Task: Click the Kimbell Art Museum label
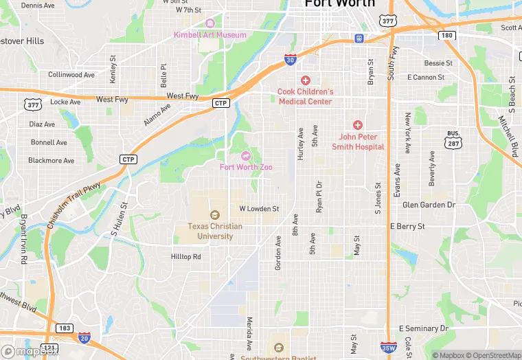point(209,35)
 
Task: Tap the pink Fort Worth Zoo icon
point(245,156)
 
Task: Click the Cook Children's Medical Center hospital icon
point(305,80)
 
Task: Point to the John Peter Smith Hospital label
point(358,142)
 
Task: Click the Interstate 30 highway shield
point(290,60)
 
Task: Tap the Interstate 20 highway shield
point(84,337)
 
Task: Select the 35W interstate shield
point(388,348)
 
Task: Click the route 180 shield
point(446,36)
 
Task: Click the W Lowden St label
point(259,208)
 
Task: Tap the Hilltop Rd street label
point(185,257)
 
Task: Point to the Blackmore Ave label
point(51,161)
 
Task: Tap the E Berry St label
point(407,226)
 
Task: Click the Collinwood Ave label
point(71,74)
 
